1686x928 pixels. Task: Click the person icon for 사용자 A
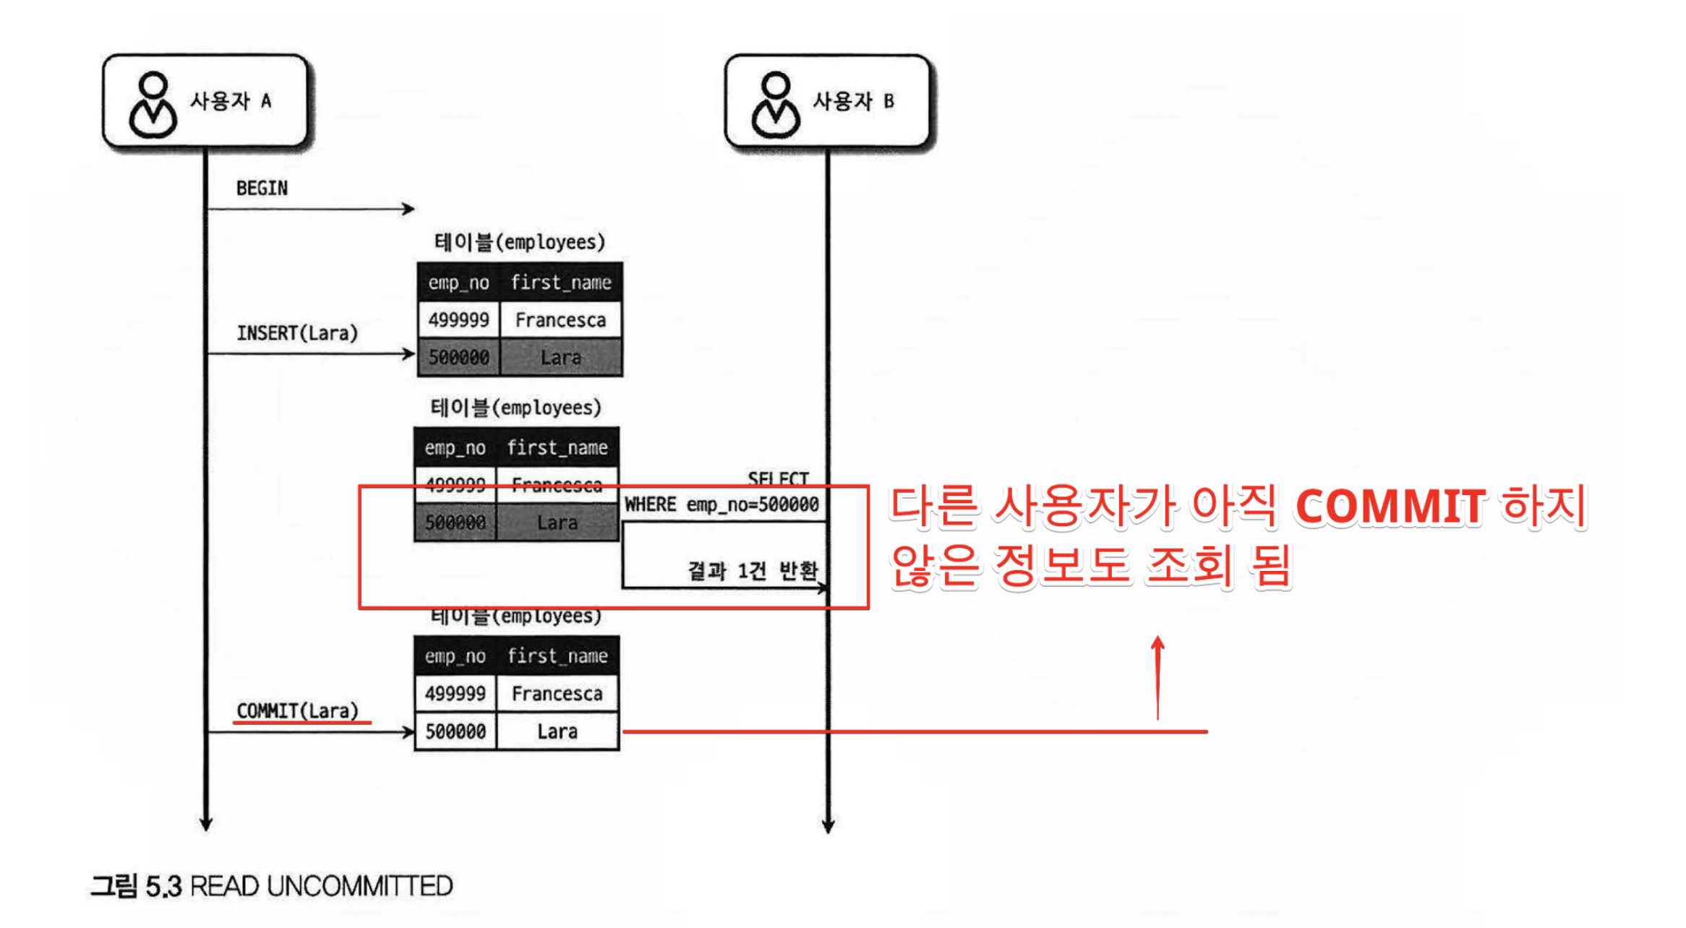153,106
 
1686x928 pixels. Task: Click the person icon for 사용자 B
776,106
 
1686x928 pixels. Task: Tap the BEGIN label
262,189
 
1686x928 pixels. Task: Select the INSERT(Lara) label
297,333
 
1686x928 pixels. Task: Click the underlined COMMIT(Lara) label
298,711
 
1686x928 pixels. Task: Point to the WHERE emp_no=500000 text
722,504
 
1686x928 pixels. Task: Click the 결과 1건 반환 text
752,571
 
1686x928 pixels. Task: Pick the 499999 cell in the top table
458,320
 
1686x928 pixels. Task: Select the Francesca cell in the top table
560,320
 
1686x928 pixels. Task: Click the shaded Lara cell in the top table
560,358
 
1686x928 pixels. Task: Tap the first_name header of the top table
560,283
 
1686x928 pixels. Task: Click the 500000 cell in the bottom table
455,731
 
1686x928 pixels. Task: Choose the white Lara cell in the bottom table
557,731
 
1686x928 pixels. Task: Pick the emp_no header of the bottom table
455,656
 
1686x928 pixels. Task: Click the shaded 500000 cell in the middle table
455,523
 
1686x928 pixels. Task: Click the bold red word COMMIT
1390,507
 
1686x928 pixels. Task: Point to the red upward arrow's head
1157,641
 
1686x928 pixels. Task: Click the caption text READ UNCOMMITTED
322,886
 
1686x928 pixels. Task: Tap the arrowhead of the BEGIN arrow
409,209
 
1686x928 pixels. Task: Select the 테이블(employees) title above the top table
519,242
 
